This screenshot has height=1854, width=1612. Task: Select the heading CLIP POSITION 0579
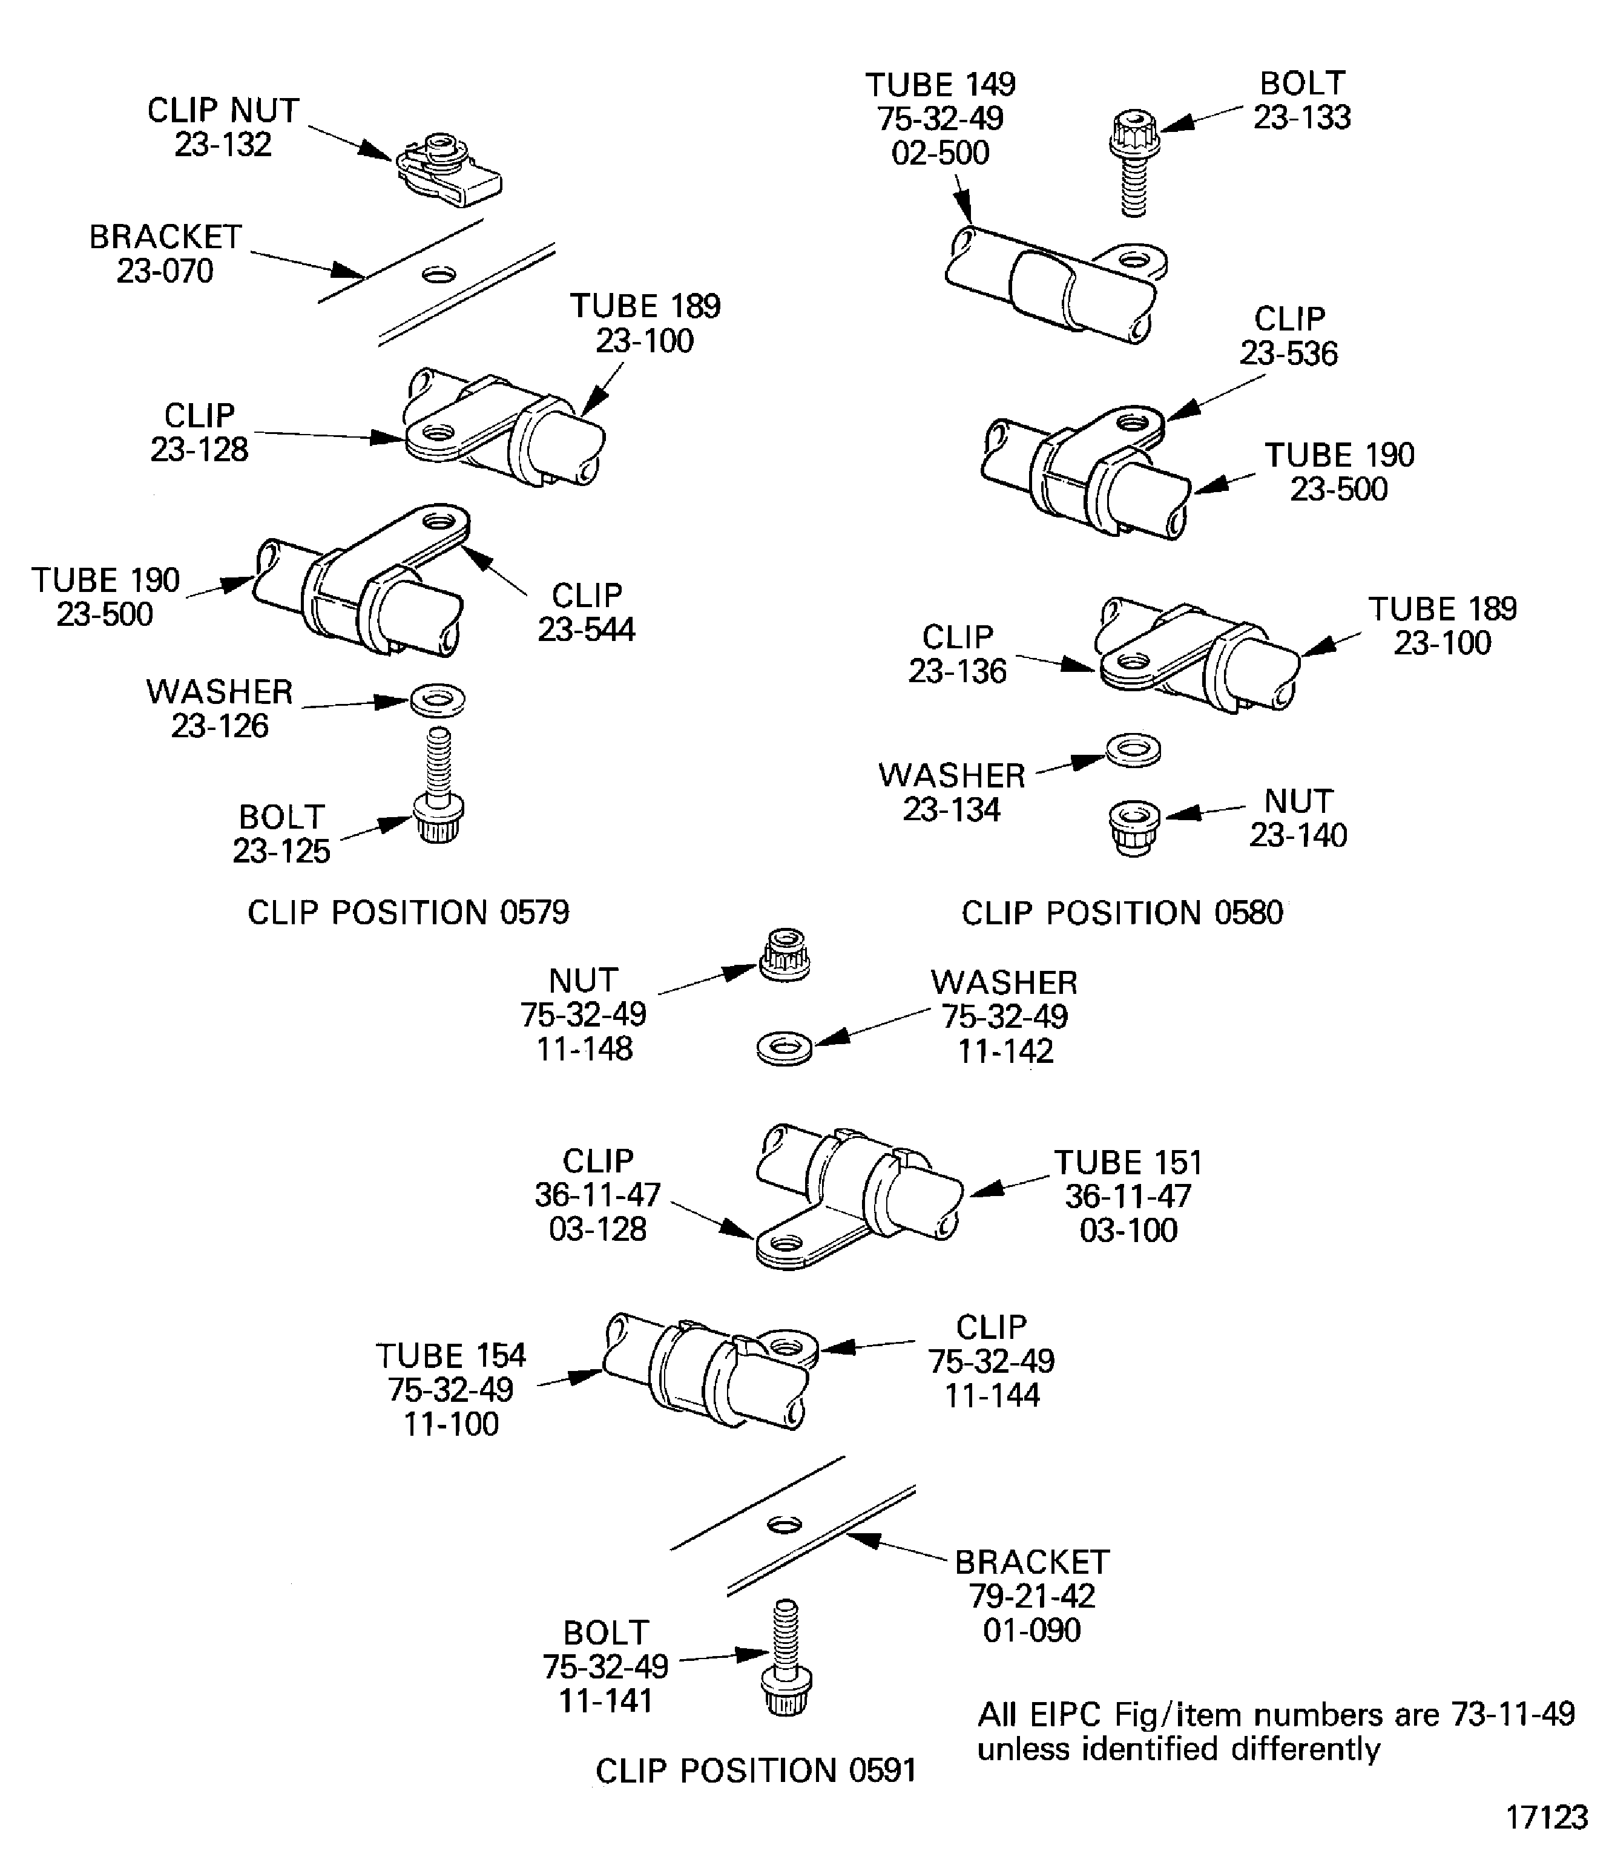(x=409, y=912)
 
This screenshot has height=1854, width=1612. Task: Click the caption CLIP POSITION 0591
(x=755, y=1770)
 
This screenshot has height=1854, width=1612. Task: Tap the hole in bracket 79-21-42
(x=785, y=1523)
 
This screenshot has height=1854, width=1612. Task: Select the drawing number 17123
(x=1547, y=1817)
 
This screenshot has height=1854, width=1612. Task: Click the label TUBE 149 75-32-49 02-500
(x=940, y=119)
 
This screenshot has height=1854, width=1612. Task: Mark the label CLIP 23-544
(x=587, y=612)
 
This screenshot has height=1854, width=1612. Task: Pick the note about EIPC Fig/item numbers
(x=1275, y=1731)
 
